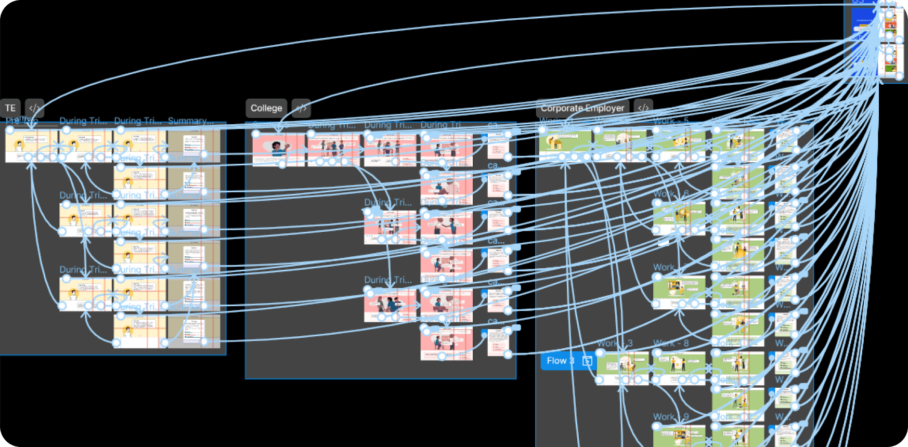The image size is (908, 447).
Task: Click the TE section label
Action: (10, 108)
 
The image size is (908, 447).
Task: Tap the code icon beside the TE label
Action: (35, 108)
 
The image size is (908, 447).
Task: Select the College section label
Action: (266, 108)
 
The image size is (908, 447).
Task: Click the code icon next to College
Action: (301, 108)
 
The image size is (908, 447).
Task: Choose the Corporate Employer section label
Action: (582, 108)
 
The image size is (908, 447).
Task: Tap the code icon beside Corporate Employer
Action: (643, 108)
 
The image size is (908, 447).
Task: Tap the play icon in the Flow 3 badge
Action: (587, 361)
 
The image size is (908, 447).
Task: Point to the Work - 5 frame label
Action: (671, 121)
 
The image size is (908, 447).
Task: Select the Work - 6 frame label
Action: (671, 194)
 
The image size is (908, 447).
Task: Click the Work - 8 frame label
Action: (671, 343)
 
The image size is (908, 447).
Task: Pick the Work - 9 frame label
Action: (671, 417)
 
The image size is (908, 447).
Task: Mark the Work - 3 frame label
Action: (615, 343)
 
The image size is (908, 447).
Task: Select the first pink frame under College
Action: (279, 149)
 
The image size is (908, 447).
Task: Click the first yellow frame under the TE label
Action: (31, 146)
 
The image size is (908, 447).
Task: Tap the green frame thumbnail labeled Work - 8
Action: (679, 367)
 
